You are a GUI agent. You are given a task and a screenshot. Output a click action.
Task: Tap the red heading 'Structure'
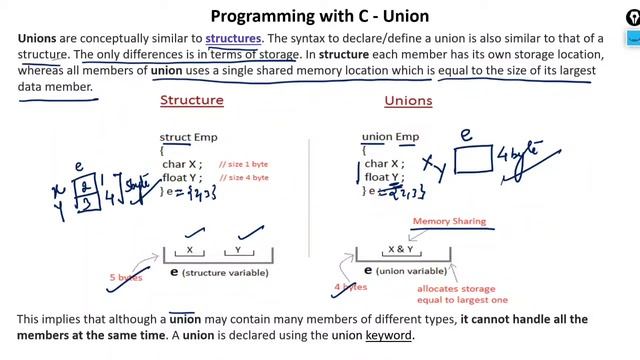[192, 100]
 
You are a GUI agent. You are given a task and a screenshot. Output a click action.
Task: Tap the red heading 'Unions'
[408, 100]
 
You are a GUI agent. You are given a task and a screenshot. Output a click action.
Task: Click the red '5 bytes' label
[127, 276]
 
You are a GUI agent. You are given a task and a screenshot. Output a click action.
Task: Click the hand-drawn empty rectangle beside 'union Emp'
[473, 158]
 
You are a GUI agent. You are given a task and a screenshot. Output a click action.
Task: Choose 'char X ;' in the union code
[382, 164]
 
